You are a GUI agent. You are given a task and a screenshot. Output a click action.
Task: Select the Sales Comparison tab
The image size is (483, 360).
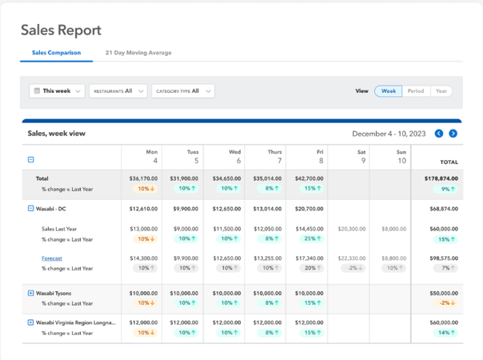[56, 53]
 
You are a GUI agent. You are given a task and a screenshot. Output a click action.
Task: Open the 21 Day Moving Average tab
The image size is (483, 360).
[138, 53]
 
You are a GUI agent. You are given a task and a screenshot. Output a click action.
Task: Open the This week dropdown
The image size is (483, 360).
[57, 91]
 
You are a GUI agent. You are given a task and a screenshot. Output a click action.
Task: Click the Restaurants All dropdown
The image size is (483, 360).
[118, 91]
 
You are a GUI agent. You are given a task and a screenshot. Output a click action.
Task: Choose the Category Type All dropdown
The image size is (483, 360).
[183, 91]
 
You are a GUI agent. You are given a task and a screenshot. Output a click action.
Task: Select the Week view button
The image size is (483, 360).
[388, 91]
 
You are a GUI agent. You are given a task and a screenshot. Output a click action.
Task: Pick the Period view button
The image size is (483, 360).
[415, 91]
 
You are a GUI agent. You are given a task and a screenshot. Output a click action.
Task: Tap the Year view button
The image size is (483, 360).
[441, 91]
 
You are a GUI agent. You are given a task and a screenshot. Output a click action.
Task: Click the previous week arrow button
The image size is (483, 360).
[439, 134]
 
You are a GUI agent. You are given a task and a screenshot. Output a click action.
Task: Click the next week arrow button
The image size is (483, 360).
[453, 134]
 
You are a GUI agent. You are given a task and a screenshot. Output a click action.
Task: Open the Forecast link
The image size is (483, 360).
[52, 258]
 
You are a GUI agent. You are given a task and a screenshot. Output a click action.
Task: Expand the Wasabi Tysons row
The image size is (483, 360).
[31, 294]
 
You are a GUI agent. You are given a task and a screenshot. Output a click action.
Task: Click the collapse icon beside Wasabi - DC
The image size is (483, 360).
[31, 208]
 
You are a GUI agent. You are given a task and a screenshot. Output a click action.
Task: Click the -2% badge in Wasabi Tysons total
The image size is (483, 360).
[444, 303]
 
